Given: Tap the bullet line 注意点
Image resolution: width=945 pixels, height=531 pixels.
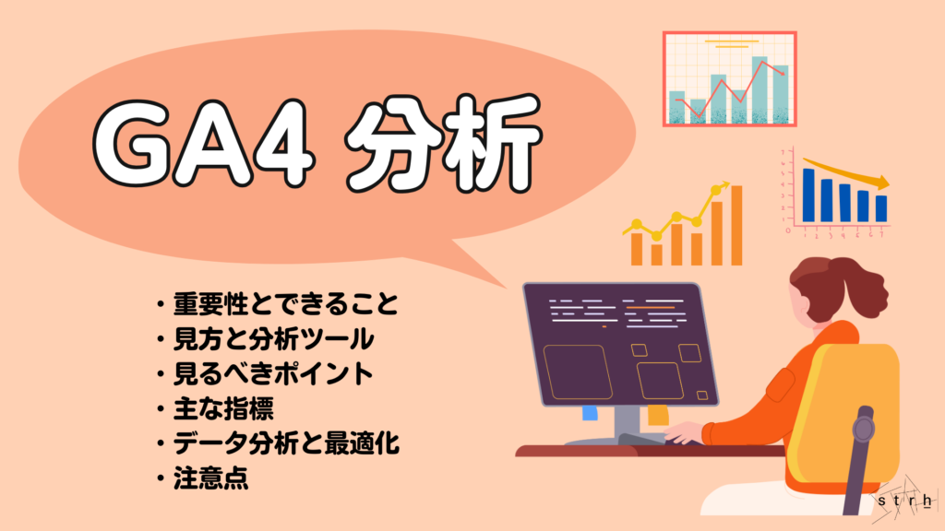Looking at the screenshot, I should (x=212, y=478).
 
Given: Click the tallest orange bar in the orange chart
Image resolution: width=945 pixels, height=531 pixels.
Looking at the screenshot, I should (x=736, y=225).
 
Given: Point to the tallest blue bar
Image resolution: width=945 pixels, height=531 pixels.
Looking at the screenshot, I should (x=808, y=195).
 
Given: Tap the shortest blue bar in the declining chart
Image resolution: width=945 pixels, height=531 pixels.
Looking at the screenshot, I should (x=881, y=208).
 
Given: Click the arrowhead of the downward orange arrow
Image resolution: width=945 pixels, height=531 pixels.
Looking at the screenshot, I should (x=883, y=183).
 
